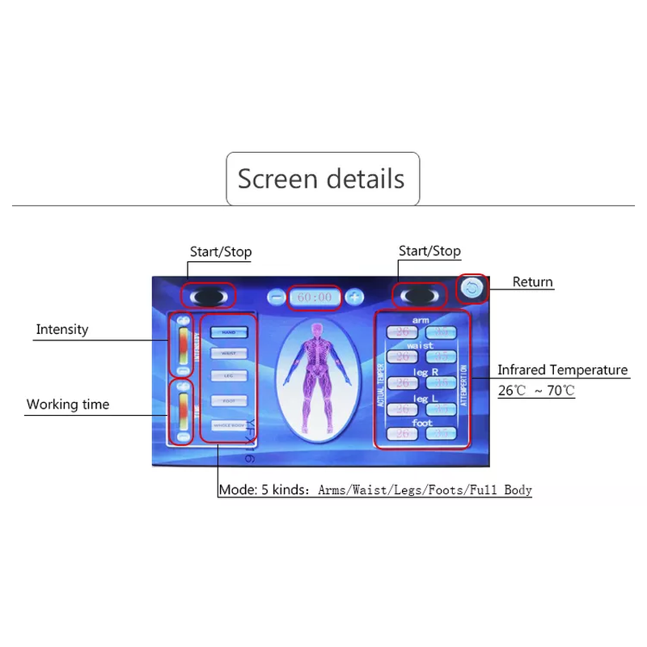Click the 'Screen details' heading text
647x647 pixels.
pos(321,178)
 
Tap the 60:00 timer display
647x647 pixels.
pos(315,297)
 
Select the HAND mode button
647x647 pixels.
pos(229,332)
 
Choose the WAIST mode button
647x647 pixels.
pos(229,353)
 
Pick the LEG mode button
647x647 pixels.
pos(229,376)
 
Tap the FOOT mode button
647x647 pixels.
pos(229,400)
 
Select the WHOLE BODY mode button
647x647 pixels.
pos(229,425)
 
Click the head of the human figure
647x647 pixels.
pos(316,331)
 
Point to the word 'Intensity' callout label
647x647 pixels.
pos(62,329)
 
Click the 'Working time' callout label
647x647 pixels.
pos(68,404)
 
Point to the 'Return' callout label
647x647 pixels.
pos(533,281)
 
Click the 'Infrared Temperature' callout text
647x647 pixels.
pos(562,370)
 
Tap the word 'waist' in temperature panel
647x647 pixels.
pos(421,345)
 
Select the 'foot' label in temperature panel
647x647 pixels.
pos(422,422)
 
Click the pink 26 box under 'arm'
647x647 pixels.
pos(402,332)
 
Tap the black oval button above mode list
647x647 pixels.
pos(208,295)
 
